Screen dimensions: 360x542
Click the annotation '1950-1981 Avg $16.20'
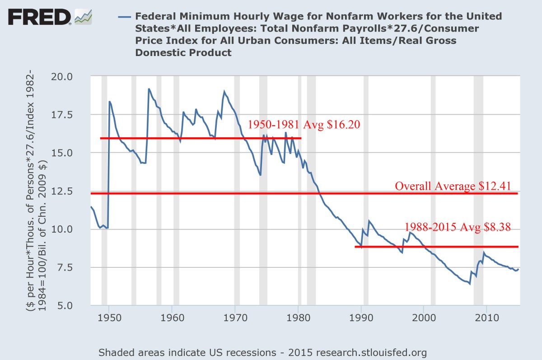[x=304, y=125]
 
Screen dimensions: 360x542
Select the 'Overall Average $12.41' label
[x=456, y=186]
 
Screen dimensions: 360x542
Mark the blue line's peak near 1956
[x=149, y=89]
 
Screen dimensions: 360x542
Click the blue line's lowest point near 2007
[x=470, y=284]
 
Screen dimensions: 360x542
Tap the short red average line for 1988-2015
[x=436, y=247]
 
